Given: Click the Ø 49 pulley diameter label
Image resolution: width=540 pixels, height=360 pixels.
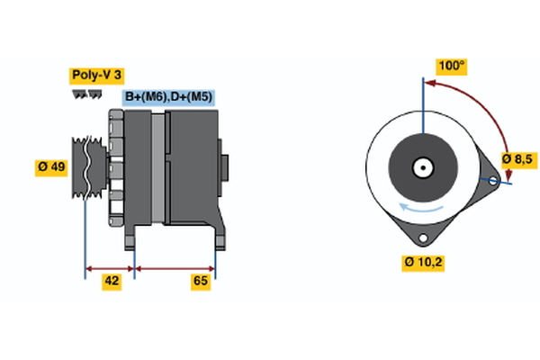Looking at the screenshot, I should (51, 168).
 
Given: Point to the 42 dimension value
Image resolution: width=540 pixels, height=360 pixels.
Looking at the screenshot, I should (112, 282).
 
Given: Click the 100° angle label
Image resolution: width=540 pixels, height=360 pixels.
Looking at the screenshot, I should (451, 66).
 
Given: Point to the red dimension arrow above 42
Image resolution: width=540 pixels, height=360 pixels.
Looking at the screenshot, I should (110, 267).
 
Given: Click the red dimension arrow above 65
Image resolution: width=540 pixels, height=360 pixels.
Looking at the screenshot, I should (175, 267).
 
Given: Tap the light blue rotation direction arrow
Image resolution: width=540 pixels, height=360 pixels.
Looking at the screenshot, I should (420, 210).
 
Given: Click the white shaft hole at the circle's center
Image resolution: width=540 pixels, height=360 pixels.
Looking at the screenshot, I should (421, 167).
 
